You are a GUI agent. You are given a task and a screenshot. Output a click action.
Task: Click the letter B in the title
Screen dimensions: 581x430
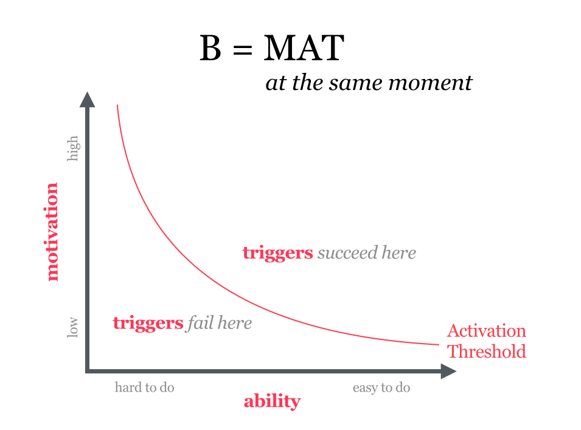pos(210,47)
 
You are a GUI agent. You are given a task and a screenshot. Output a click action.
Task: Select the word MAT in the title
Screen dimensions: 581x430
pos(304,47)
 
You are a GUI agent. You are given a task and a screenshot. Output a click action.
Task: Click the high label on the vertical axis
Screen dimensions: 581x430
pos(72,148)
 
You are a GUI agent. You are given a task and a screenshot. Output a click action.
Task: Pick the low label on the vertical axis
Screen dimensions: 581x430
pos(72,327)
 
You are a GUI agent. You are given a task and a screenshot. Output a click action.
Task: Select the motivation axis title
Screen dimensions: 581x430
pos(52,232)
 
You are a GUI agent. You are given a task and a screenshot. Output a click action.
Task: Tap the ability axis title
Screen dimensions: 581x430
pos(272,401)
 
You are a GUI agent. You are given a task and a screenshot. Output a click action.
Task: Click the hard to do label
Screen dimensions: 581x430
pos(145,387)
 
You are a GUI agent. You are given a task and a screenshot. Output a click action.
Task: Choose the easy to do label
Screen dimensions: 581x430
pos(381,388)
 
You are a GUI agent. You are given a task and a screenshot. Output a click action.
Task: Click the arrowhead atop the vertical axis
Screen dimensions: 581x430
pos(88,99)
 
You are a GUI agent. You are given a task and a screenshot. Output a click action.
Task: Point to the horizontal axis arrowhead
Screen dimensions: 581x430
pos(448,371)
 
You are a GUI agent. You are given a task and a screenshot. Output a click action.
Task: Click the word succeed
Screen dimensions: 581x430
pos(347,253)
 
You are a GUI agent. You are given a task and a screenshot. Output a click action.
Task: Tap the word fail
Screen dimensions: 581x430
pos(200,322)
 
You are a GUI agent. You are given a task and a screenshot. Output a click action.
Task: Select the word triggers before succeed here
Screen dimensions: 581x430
pos(277,254)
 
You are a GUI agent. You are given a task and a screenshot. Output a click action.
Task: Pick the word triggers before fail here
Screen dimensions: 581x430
pos(148,324)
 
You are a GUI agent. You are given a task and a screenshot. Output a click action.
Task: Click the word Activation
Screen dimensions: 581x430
pos(487,331)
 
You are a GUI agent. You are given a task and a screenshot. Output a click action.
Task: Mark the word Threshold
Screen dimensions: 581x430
pos(487,352)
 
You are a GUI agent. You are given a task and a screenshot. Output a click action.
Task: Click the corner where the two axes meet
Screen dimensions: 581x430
pos(88,371)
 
